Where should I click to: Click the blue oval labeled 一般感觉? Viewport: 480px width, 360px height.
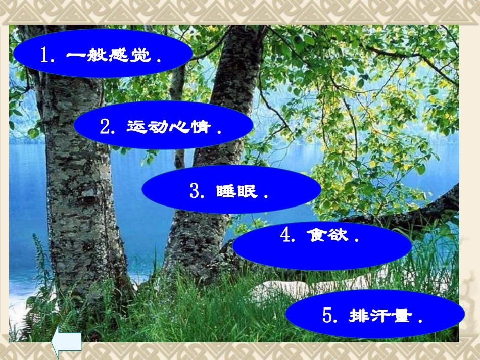coord(103,53)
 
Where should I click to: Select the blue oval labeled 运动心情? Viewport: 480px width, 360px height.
coord(163,125)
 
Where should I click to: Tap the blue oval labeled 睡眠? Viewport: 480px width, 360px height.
coord(231,189)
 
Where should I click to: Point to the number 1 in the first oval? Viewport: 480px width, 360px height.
coord(44,55)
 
